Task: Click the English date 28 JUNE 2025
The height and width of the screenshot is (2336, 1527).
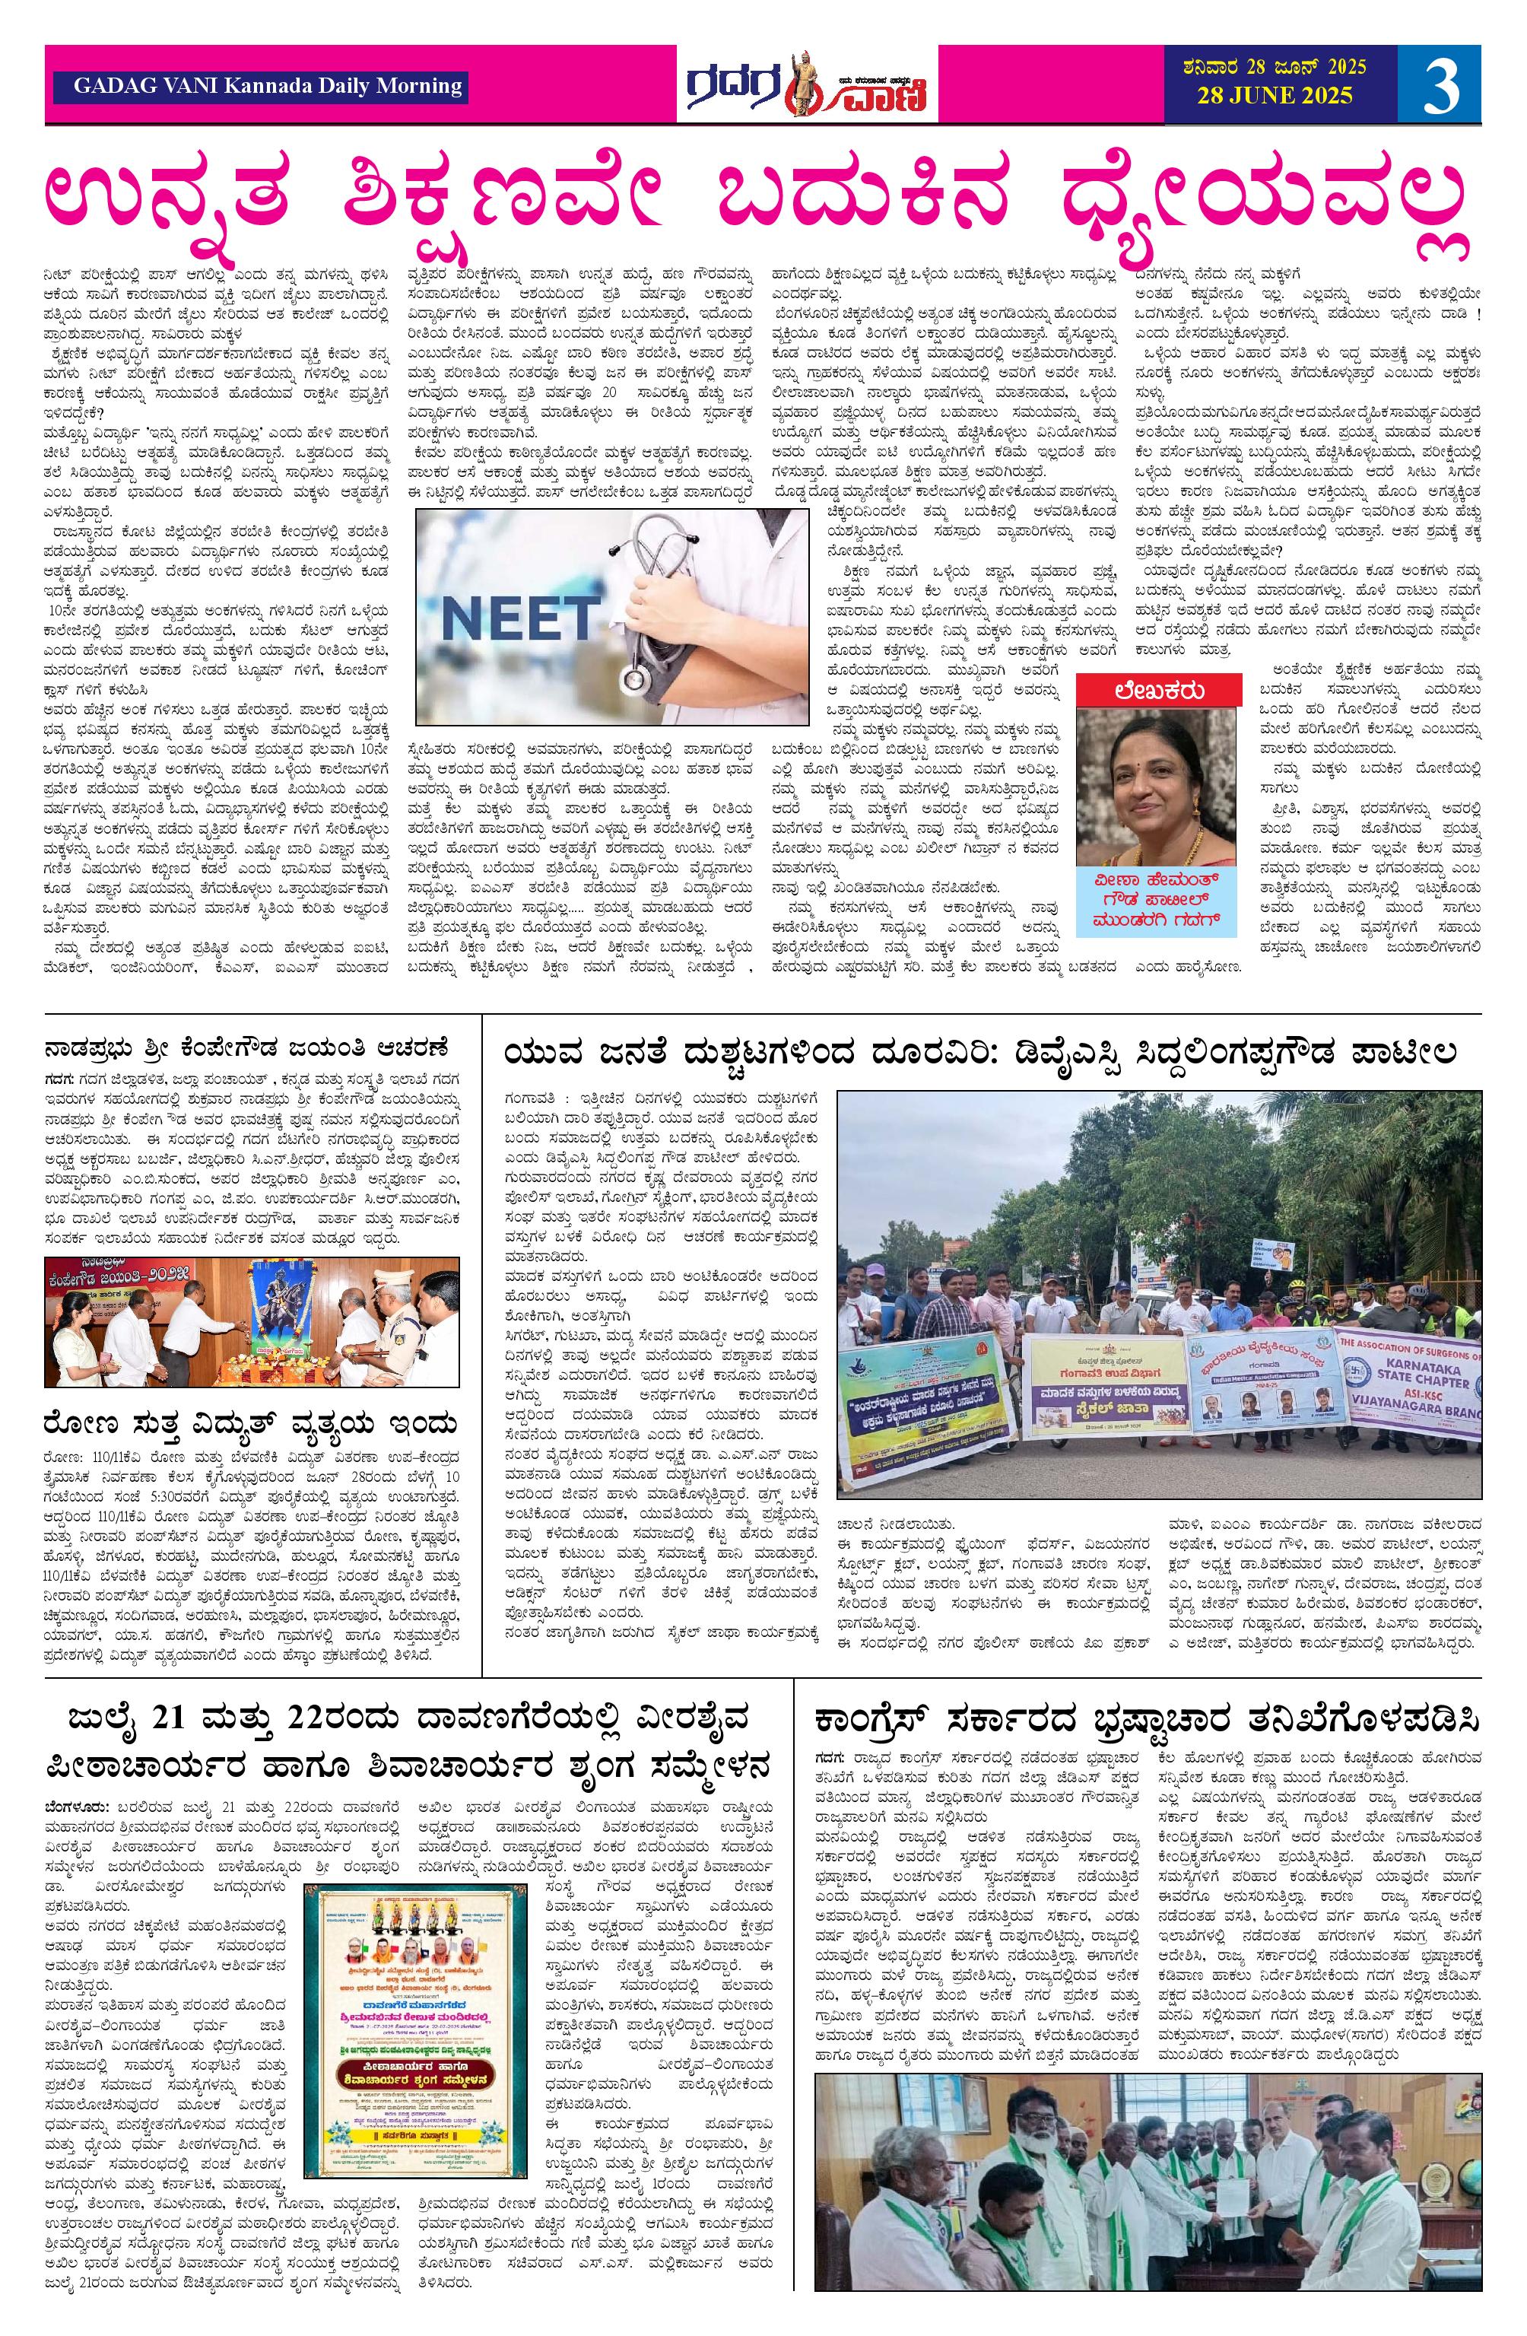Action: [x=1275, y=95]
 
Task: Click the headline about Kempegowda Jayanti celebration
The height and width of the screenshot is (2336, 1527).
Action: [x=246, y=1044]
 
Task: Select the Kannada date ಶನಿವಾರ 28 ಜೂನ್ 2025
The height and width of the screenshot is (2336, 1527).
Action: [x=1274, y=68]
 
